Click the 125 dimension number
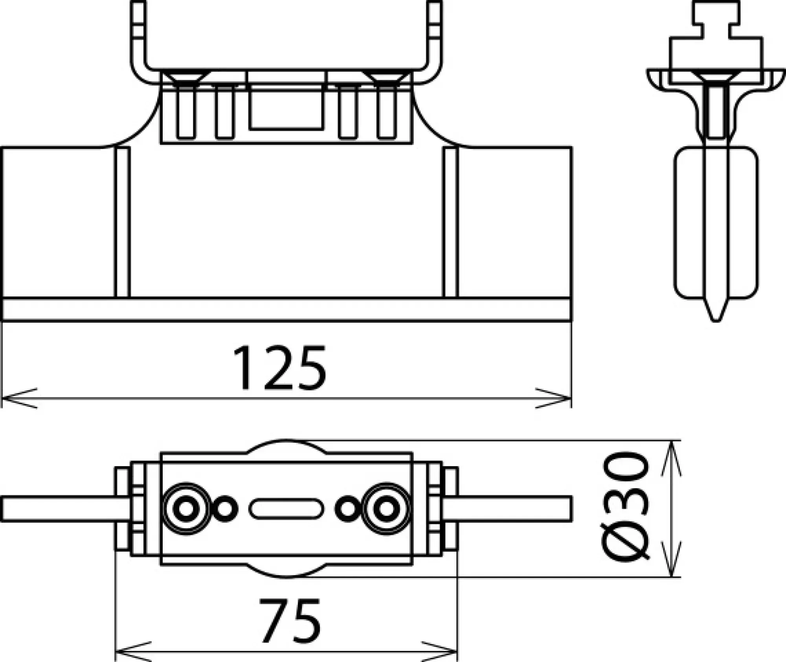279,368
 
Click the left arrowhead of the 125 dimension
16,398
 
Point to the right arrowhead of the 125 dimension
556,398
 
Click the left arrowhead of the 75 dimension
130,651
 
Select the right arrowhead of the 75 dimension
442,651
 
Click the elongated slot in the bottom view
286,509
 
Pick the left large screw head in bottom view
186,509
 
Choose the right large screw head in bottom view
386,509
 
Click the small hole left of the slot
225,509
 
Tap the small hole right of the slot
347,509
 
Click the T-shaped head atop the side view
716,20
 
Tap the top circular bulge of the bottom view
286,447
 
